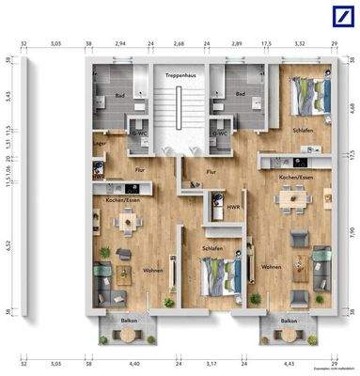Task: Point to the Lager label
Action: tap(97, 143)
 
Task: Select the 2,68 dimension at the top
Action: tap(180, 42)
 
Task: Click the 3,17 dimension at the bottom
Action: tap(210, 361)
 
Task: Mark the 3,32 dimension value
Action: tap(300, 42)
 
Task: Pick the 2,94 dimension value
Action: tap(120, 42)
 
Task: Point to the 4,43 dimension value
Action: tap(289, 361)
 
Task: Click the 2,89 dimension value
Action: tap(237, 42)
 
